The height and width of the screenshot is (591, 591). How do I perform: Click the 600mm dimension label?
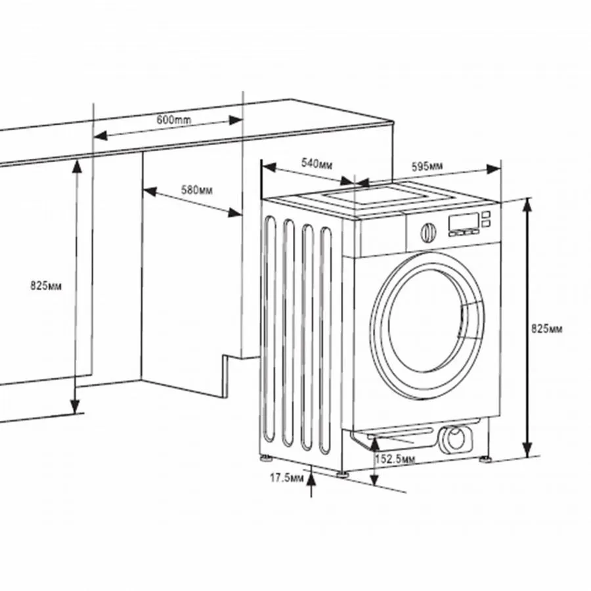click(174, 120)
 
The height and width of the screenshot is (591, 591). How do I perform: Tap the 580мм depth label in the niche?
click(196, 190)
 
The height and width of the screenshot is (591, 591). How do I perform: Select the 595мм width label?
click(427, 166)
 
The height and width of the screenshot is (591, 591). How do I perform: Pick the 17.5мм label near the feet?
click(287, 477)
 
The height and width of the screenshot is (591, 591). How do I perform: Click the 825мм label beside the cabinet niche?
click(47, 286)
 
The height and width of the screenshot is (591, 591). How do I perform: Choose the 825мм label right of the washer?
click(547, 328)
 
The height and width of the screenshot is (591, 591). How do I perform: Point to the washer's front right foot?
click(486, 458)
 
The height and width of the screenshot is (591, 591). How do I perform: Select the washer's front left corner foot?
click(343, 471)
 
